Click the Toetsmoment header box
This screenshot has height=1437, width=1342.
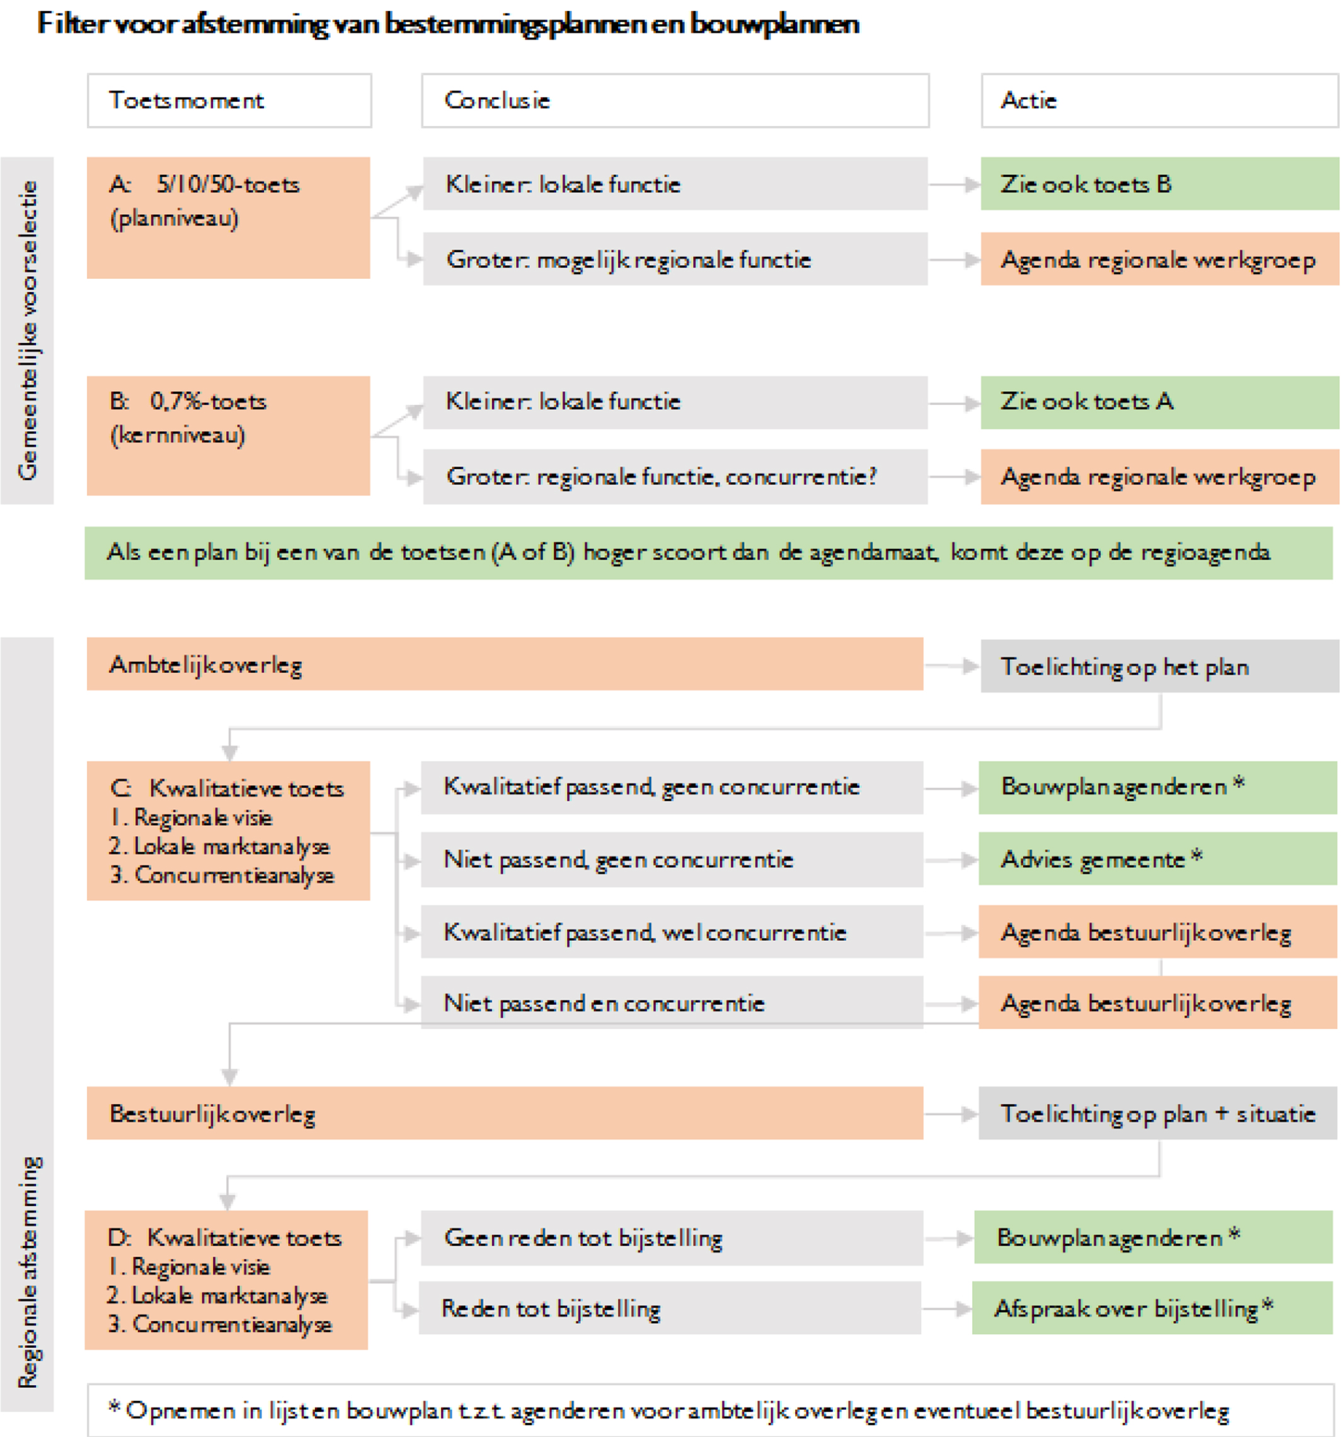229,101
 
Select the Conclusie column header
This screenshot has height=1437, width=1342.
675,101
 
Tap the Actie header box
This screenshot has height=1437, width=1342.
1159,101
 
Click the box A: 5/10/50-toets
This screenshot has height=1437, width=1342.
228,218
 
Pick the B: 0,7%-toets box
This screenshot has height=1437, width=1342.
228,435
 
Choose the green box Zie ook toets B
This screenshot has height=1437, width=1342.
1159,184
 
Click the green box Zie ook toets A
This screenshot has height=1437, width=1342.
1159,402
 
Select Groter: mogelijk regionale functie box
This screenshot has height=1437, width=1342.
675,259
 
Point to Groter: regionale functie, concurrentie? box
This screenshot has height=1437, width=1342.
675,476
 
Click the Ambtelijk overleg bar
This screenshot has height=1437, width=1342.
505,664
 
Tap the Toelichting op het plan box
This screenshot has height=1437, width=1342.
1159,666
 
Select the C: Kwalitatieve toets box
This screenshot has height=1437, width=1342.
228,831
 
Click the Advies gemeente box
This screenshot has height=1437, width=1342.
1157,858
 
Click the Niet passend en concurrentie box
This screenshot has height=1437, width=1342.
672,1002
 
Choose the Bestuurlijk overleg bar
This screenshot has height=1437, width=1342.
505,1113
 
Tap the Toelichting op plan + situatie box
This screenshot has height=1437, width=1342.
1157,1113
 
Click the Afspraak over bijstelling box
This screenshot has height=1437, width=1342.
1152,1308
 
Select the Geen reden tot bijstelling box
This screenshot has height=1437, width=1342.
672,1237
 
